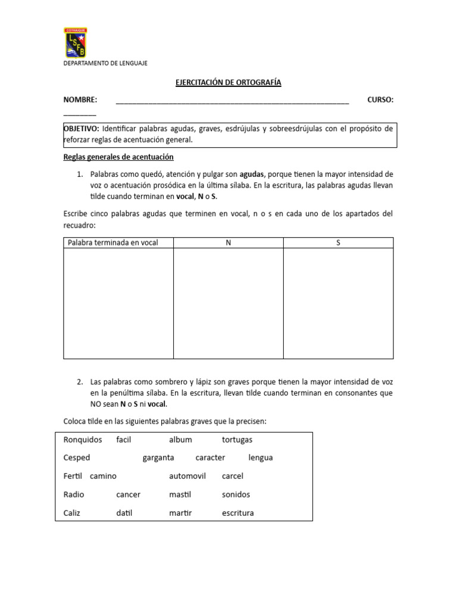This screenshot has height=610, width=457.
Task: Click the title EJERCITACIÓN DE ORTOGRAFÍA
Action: tap(228, 83)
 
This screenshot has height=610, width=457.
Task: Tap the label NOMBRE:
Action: tap(80, 99)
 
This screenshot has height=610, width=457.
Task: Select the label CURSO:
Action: tap(380, 99)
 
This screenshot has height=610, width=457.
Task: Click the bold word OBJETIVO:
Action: tap(82, 129)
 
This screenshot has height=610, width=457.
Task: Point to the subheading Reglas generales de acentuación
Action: tap(118, 157)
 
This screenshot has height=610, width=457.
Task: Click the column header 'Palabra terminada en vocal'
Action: tap(113, 243)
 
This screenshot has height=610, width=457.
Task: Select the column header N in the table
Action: tap(228, 243)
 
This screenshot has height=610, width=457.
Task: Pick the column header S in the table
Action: tap(338, 243)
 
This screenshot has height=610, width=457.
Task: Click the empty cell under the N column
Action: tap(228, 303)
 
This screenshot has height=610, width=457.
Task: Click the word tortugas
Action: tap(237, 440)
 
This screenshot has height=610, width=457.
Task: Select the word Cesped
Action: tap(76, 457)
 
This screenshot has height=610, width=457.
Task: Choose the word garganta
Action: tap(158, 457)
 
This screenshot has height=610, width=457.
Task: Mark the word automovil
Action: tap(187, 476)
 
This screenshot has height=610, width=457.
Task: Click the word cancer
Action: tap(128, 494)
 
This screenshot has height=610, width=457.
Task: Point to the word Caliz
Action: tap(71, 513)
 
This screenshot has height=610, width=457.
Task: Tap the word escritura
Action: tap(237, 513)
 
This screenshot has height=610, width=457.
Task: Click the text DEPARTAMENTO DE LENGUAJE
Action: tap(105, 63)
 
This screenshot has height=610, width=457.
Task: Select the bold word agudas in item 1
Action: tap(253, 175)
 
